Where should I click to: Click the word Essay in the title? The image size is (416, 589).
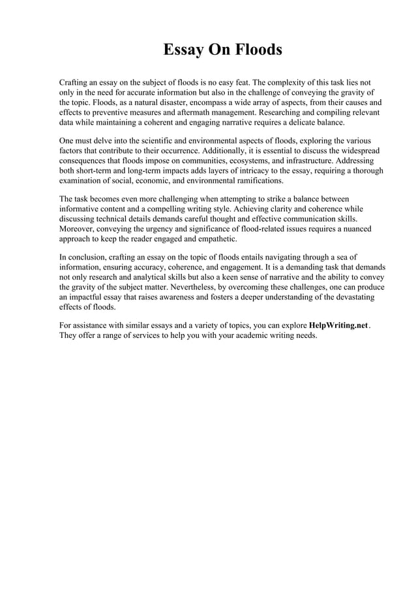click(x=182, y=50)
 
